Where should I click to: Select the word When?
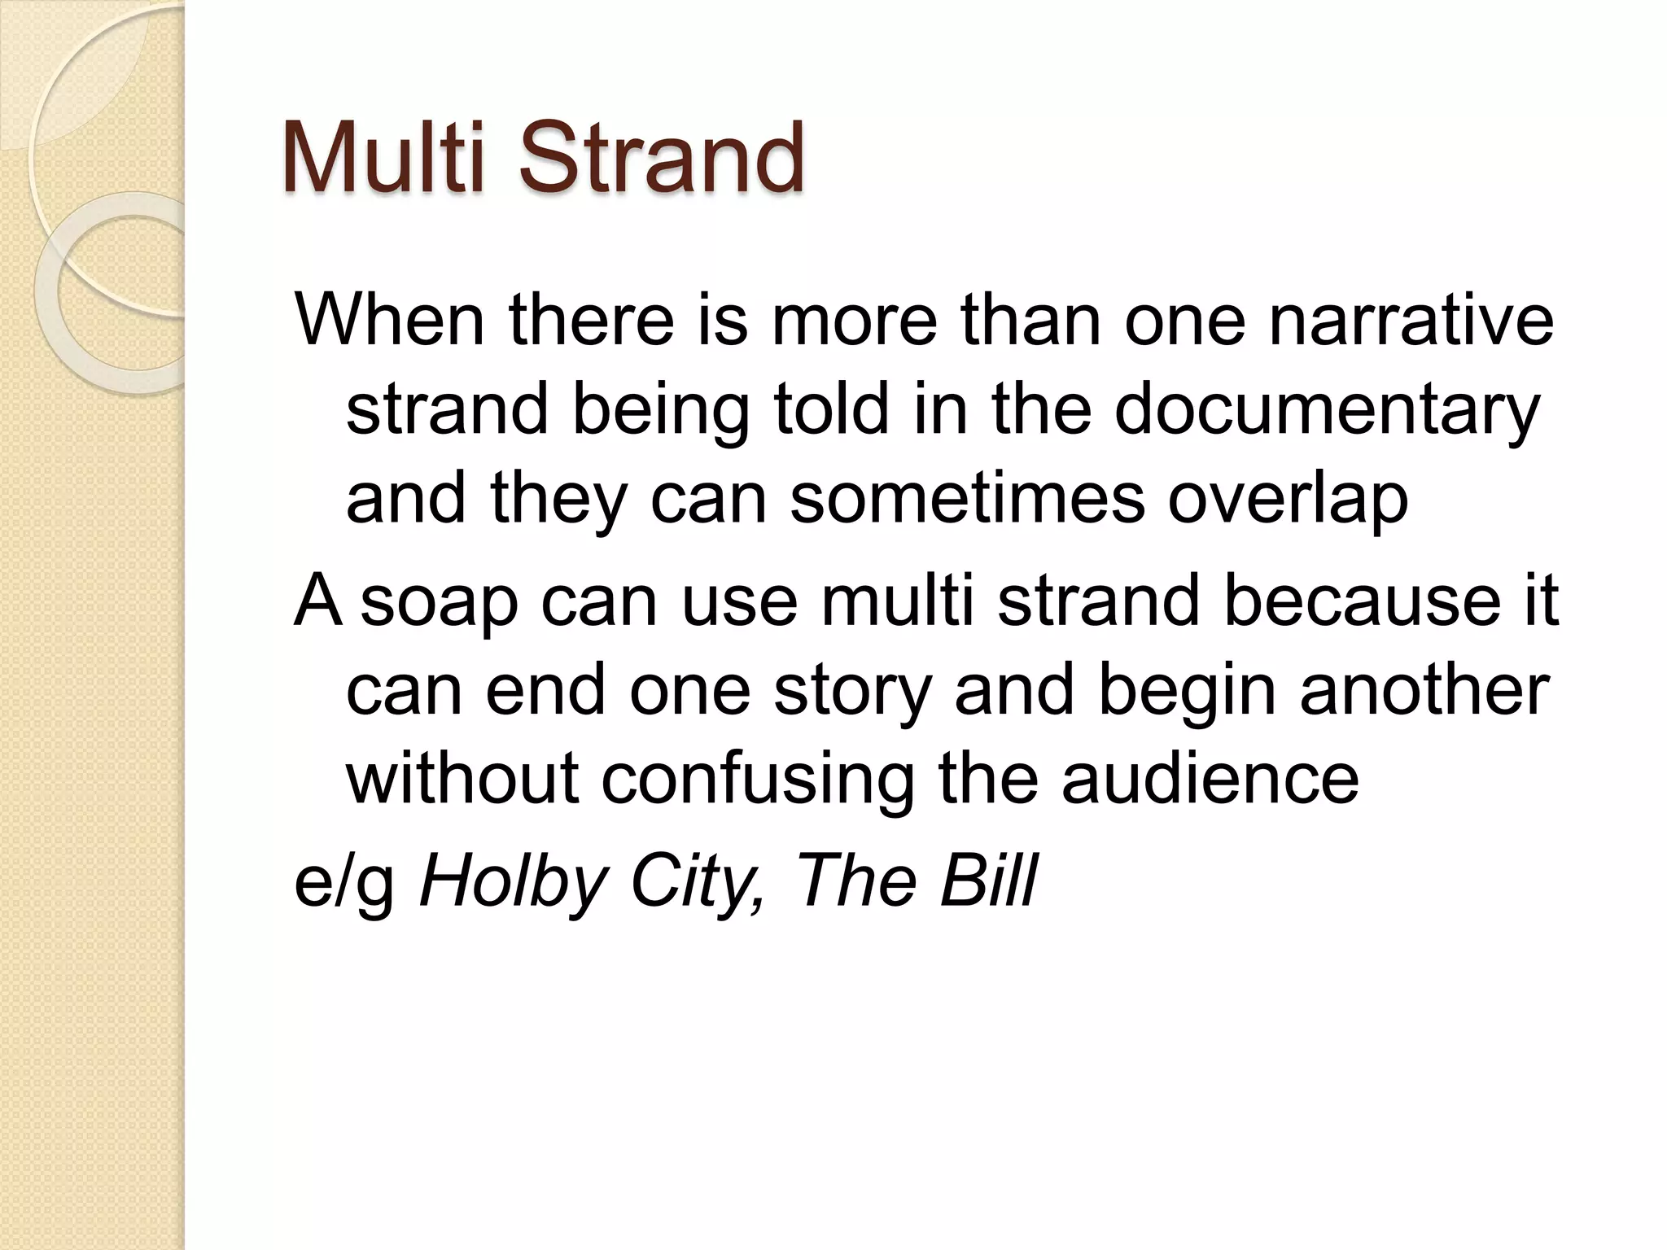(390, 319)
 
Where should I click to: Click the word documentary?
(1327, 409)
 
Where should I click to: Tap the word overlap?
(1288, 498)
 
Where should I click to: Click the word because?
(1362, 601)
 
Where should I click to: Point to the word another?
(1424, 690)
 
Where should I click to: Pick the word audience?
(1210, 778)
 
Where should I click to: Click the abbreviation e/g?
(344, 882)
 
